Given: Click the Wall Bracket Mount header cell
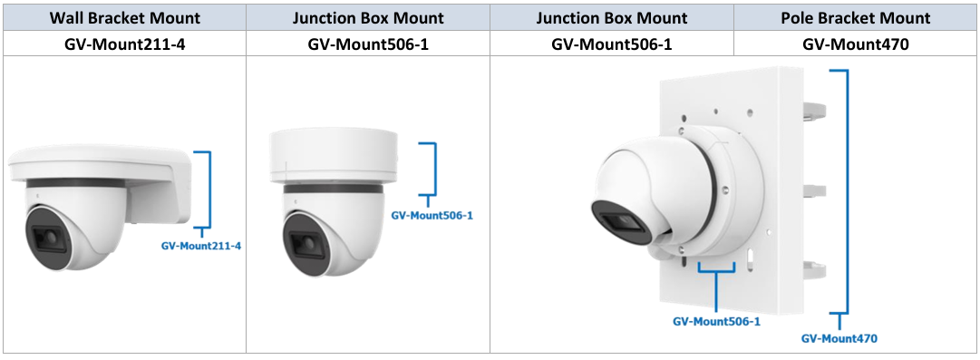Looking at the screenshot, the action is [125, 17].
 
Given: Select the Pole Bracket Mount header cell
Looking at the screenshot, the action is [856, 17].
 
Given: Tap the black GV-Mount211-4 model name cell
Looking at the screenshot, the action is [125, 44].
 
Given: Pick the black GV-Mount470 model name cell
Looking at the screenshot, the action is [856, 44].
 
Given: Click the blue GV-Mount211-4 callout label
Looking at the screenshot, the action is [201, 247].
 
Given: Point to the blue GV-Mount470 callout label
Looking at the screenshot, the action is [839, 339].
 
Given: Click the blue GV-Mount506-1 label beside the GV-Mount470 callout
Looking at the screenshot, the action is [716, 322].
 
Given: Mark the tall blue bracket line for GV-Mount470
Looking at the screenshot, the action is [847, 191].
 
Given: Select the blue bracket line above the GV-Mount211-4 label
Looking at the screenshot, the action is [209, 190].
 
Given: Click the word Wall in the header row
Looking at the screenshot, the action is [65, 17].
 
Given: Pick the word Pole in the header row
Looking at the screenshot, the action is [796, 17].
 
